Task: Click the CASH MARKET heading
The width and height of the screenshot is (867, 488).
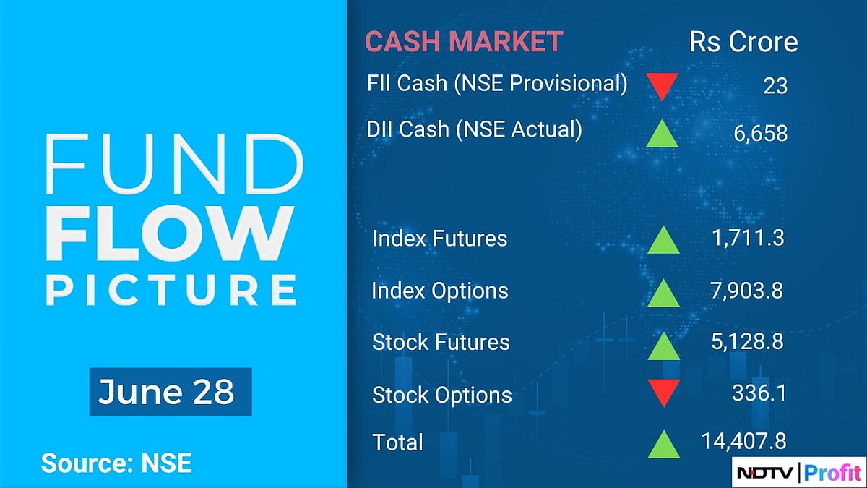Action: pos(463,42)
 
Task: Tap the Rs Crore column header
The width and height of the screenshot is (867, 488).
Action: pos(743,42)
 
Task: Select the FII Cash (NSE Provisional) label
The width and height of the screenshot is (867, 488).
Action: pos(497,83)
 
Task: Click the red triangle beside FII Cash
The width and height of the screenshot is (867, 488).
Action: pos(663,85)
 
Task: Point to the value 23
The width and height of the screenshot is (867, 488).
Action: pos(775,86)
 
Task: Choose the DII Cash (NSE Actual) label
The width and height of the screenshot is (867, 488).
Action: pos(474,129)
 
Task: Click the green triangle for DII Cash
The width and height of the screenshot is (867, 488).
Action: pos(663,133)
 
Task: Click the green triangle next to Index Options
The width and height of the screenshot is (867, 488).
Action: pos(663,293)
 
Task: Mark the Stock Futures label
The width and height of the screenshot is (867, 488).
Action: pos(441,342)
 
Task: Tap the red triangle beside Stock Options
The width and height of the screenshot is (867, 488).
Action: pos(663,393)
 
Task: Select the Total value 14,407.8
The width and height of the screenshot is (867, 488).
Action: pos(743,440)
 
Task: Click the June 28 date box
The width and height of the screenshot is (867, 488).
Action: pos(170,392)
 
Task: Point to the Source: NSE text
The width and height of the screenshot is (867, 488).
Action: pos(116,463)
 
